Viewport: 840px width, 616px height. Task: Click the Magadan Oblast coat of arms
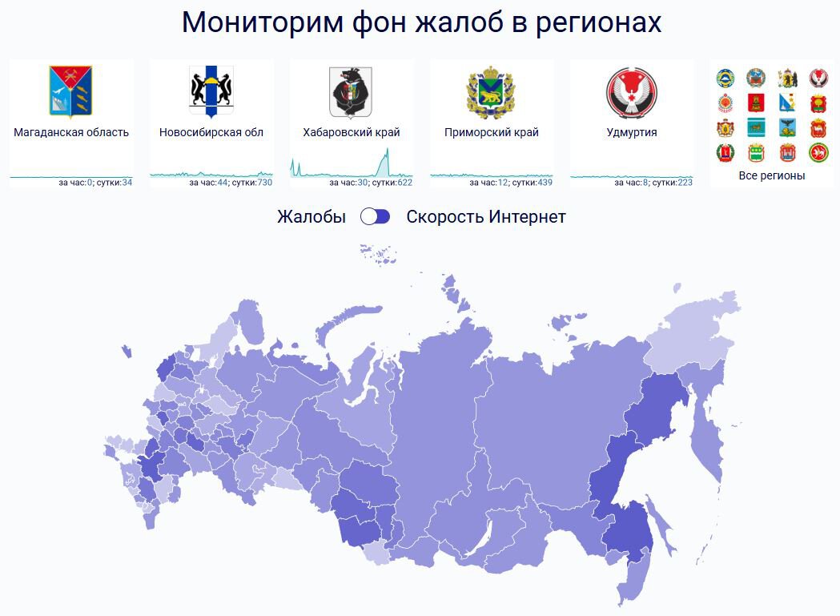tap(70, 91)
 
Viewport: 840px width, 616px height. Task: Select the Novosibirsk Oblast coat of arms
tap(211, 91)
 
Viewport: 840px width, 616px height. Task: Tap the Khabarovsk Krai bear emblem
tap(351, 91)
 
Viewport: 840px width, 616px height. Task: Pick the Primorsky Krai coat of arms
tap(491, 91)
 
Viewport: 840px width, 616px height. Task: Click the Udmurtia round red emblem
tap(632, 92)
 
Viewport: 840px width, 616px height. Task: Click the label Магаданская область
tap(71, 132)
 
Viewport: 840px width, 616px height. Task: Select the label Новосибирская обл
tap(211, 132)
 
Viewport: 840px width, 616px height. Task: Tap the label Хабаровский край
tap(352, 132)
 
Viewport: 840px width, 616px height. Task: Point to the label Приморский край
tap(491, 132)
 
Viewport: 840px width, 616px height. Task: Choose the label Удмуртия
tap(632, 132)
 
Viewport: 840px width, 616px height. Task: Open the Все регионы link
tap(771, 175)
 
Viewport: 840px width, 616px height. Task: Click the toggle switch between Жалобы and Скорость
tap(375, 216)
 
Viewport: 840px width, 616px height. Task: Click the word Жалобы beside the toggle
tap(311, 216)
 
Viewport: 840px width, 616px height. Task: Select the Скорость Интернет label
tap(486, 216)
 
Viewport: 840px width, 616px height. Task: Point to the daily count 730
tap(264, 183)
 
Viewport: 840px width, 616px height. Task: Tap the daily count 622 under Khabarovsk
tap(405, 183)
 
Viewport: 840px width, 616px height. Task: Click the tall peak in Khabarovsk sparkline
tap(387, 150)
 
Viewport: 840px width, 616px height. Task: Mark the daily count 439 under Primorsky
tap(545, 183)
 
